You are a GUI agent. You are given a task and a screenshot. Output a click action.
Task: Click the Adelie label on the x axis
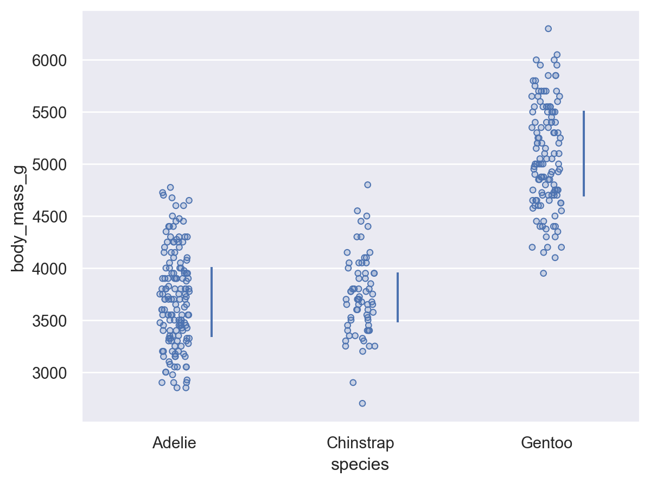pos(174,443)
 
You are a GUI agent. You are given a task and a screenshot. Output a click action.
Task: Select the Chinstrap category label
pos(360,443)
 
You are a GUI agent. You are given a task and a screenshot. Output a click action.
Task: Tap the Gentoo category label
pos(546,443)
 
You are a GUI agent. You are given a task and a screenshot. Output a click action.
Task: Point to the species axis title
pos(360,465)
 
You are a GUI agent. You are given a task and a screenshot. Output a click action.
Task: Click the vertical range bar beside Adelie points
pos(212,302)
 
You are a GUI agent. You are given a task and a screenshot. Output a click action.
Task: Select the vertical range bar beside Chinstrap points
pos(398,297)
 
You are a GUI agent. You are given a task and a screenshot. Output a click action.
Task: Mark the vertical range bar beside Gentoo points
pos(584,154)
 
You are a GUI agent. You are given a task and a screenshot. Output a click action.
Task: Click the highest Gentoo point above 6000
pos(548,29)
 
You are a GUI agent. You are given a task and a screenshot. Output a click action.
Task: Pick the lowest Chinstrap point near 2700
pos(362,403)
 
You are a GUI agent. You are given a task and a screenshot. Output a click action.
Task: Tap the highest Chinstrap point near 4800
pos(367,185)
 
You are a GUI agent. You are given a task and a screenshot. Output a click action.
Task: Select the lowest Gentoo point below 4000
pos(543,273)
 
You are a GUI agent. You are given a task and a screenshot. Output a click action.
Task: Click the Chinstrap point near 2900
pos(353,382)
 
